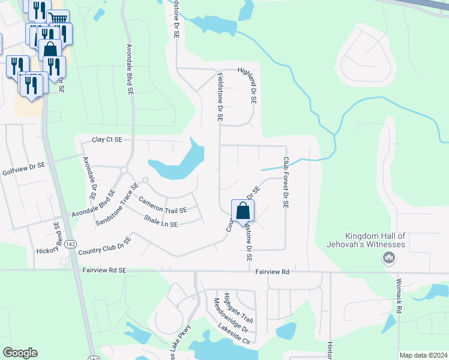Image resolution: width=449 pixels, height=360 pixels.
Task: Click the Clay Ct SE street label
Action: (107, 140)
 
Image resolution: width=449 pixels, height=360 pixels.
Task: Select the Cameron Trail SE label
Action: (163, 205)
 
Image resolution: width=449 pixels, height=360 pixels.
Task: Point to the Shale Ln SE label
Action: (161, 222)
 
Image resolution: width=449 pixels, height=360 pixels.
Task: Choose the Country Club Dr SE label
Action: (104, 245)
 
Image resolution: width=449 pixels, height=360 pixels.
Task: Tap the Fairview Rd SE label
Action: (105, 271)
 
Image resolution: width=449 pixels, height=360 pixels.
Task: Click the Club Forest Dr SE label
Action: (286, 182)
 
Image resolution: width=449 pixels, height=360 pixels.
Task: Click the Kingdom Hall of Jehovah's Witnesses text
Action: (376, 241)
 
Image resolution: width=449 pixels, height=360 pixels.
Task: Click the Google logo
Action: (20, 353)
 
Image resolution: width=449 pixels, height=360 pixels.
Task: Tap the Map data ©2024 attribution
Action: (423, 355)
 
